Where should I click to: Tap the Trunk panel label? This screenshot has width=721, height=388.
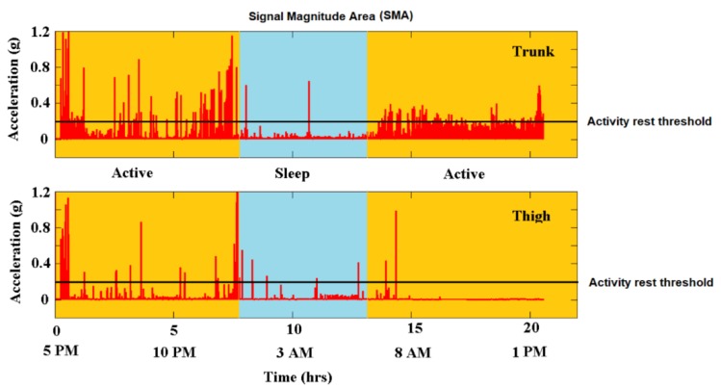click(532, 51)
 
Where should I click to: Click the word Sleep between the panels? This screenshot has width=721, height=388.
click(303, 174)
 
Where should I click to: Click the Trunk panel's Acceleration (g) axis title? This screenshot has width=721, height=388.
click(15, 85)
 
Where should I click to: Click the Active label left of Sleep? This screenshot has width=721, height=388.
click(133, 174)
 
